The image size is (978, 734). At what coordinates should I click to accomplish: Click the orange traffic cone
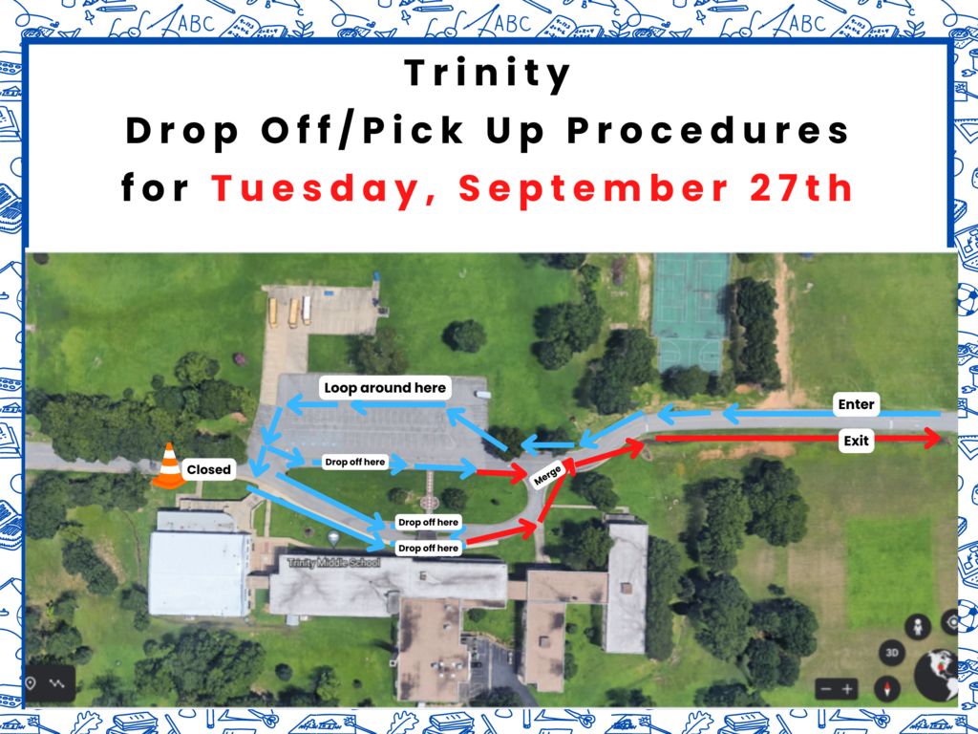tap(168, 465)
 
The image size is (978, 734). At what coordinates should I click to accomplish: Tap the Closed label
tap(208, 469)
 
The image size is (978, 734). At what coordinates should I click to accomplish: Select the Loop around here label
tap(385, 388)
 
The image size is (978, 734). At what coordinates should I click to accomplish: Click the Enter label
tap(856, 404)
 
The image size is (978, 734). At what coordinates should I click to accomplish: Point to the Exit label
tap(856, 441)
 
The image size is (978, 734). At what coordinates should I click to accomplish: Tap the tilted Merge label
tap(547, 475)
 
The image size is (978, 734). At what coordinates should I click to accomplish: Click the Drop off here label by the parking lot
tap(355, 462)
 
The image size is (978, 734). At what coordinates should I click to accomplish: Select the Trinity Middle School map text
tap(333, 563)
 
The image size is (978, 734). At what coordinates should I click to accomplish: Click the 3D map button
tap(892, 653)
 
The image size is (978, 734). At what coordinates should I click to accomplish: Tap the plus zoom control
tap(847, 689)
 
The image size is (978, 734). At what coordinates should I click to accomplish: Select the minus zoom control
tap(826, 689)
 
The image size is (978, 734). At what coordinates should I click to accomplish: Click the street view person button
tap(918, 627)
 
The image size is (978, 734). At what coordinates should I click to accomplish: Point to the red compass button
tap(887, 689)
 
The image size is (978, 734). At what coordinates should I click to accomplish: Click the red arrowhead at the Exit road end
tap(933, 438)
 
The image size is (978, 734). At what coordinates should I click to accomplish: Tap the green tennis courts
tap(691, 313)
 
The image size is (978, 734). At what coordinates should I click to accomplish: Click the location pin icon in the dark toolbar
tap(31, 683)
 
